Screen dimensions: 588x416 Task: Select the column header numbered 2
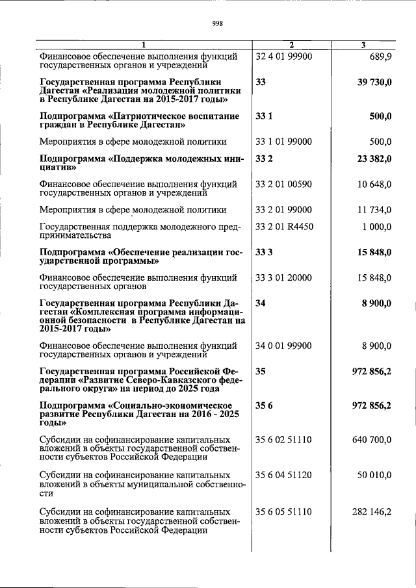click(x=291, y=45)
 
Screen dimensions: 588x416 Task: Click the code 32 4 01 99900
click(x=285, y=57)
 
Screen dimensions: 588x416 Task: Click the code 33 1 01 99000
click(x=285, y=141)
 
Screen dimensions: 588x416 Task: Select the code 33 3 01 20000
click(x=285, y=277)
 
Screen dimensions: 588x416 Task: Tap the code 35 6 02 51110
click(x=285, y=440)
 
